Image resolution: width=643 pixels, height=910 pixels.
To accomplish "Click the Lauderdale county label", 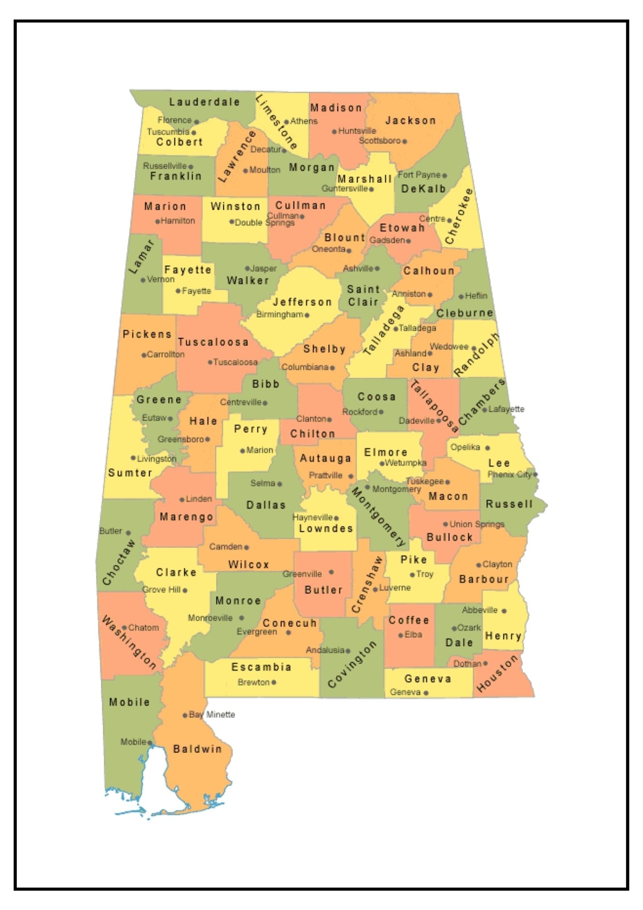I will pos(204,102).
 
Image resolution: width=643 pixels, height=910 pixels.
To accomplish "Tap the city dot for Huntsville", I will pos(334,131).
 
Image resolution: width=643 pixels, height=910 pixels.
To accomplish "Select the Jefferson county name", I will pos(302,302).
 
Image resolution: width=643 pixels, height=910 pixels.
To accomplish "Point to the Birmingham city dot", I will pos(307,315).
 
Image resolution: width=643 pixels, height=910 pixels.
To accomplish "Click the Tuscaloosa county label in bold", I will pos(213,342).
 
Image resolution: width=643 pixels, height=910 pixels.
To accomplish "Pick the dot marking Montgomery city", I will pos(367,487).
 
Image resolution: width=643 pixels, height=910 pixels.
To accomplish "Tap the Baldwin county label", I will pos(197,749).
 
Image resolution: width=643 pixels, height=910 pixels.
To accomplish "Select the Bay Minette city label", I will pos(212,714).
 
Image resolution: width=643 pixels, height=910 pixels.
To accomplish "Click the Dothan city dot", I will pos(485,663).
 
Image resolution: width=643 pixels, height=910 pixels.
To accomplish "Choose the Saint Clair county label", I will pos(363,296).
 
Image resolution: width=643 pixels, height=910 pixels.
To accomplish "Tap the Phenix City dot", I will pos(535,474).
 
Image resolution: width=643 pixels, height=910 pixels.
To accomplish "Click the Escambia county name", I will pos(261,667).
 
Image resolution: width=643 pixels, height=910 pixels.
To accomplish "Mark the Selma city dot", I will pos(280,484).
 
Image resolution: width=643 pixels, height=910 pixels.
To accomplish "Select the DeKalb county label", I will pos(423,189).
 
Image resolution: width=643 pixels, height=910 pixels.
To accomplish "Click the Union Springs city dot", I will pos(446,524).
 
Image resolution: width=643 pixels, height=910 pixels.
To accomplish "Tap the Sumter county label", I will pos(130,473).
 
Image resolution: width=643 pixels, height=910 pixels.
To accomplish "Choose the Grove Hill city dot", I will pos(185,590).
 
